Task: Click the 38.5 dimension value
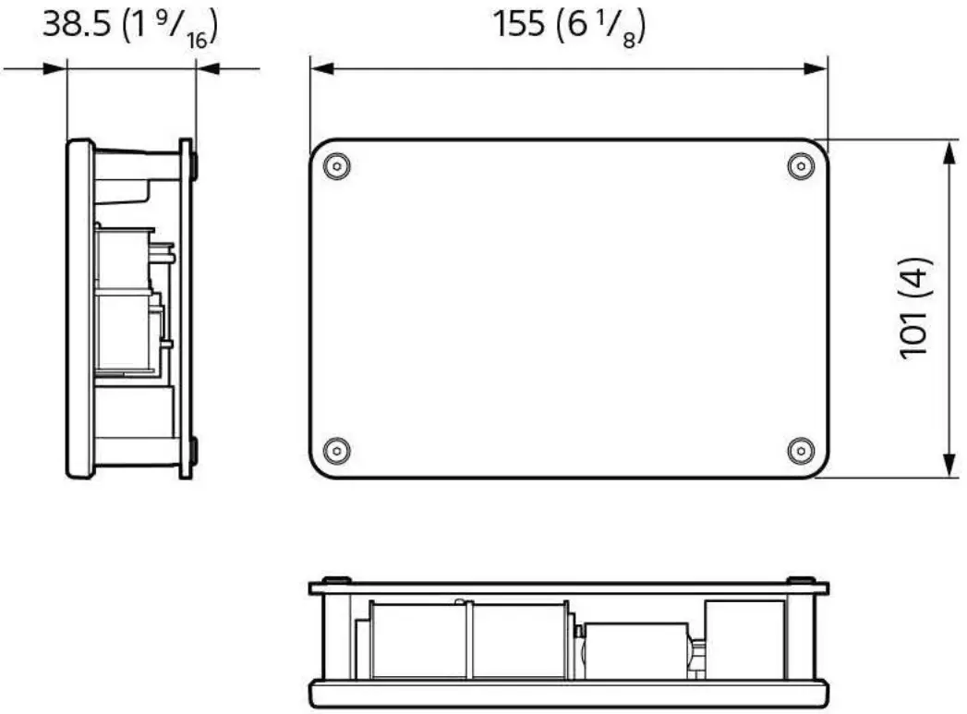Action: tap(78, 25)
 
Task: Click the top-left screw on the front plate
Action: tap(338, 167)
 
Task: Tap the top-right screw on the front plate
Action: tap(800, 167)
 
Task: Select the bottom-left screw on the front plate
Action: tap(338, 451)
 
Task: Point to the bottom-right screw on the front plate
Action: tap(800, 451)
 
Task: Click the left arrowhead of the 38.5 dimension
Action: tap(56, 67)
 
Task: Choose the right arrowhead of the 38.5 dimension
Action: tap(207, 67)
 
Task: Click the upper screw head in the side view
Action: tap(194, 167)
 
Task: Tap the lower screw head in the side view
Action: tap(194, 451)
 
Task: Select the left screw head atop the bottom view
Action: tap(338, 580)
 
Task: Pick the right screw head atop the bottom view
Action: tap(800, 580)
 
